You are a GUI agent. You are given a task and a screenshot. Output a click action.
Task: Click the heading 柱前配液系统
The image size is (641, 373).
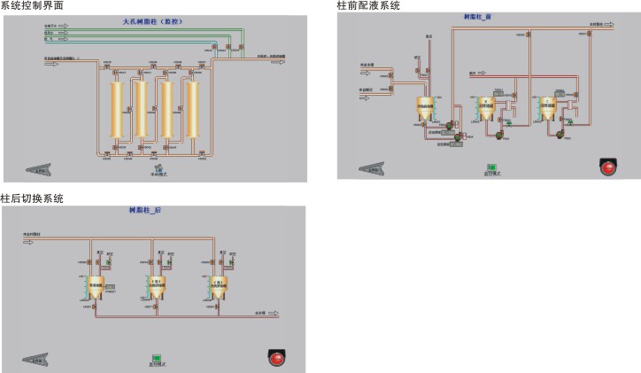[x=368, y=5]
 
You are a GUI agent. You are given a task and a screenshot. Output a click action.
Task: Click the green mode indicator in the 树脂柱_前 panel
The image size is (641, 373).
[x=491, y=167]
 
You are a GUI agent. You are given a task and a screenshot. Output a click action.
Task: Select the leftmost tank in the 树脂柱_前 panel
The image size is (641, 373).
[x=424, y=109]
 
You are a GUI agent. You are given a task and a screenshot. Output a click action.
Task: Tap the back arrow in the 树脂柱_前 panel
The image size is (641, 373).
[x=371, y=167]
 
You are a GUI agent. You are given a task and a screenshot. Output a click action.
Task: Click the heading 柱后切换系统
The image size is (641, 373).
[x=32, y=198]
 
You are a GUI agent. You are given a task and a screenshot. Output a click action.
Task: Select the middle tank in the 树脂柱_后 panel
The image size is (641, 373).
[x=158, y=285]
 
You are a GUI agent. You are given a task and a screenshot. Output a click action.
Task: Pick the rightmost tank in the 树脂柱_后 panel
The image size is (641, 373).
[x=218, y=285]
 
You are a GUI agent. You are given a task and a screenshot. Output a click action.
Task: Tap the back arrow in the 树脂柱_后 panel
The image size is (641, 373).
[x=36, y=359]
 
